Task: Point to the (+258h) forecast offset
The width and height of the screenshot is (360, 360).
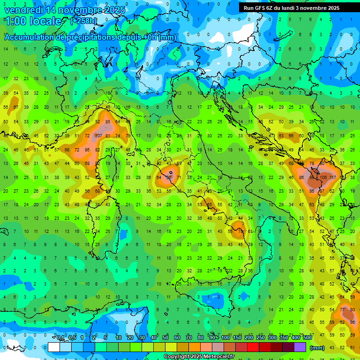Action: pos(83,21)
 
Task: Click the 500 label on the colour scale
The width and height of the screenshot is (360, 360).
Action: pos(307,338)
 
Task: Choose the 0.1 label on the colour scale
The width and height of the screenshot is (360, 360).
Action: pos(60,338)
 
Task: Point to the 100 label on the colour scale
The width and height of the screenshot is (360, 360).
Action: pos(225,338)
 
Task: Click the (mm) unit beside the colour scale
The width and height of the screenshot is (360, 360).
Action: pos(317,348)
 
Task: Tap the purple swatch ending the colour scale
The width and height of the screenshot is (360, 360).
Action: pos(300,347)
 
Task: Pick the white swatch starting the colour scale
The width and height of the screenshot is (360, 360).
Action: pos(53,347)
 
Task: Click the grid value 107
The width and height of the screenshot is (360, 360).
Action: pos(98,136)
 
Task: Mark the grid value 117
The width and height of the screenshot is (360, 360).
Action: pos(333,178)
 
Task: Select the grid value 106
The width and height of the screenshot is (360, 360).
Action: pos(322,178)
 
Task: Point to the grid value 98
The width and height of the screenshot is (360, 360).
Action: pos(352,322)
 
